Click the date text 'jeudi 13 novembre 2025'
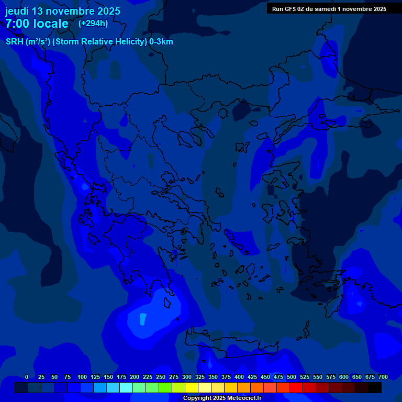click(x=63, y=11)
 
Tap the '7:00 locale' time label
click(x=37, y=24)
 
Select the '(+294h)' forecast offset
click(x=93, y=23)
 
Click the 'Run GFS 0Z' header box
click(x=329, y=9)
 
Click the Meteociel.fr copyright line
click(x=222, y=398)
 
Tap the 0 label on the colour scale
click(x=27, y=377)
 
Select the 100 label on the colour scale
click(x=82, y=377)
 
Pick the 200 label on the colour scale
click(x=135, y=377)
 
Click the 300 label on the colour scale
click(x=187, y=377)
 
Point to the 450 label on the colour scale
click(x=265, y=377)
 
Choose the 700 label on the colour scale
click(x=383, y=377)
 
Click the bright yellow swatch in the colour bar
click(x=192, y=388)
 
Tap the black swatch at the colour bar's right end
click(x=375, y=388)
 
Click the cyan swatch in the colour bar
click(x=126, y=388)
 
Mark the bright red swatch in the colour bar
click(x=296, y=388)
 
